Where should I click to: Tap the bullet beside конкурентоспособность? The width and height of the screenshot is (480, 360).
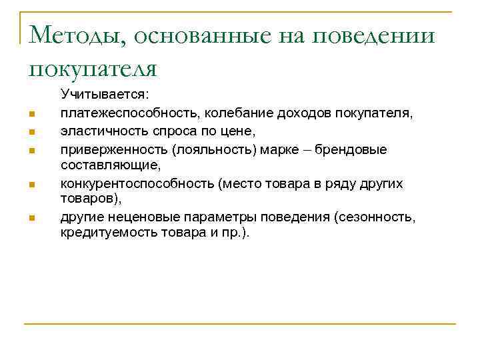[x=31, y=183]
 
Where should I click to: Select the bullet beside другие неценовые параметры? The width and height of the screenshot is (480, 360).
[x=31, y=217]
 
